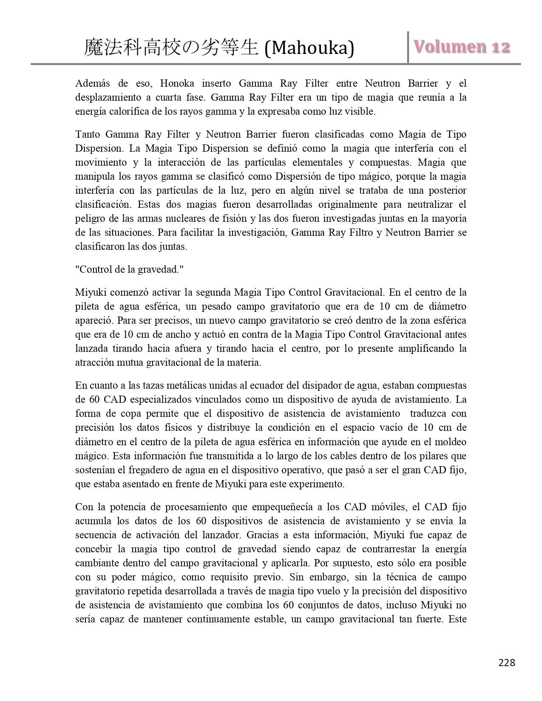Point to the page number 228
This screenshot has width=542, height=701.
pyautogui.click(x=506, y=662)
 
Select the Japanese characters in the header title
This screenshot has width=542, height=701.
pyautogui.click(x=171, y=48)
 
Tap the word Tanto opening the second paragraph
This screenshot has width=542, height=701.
pyautogui.click(x=87, y=134)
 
